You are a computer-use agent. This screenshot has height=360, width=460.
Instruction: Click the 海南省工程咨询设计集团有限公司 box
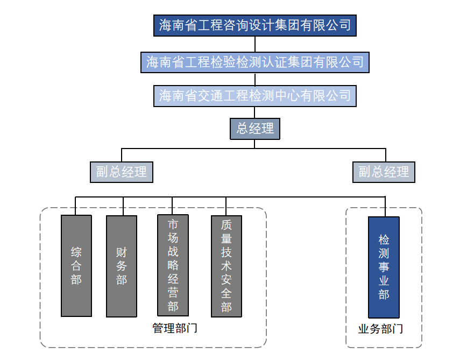(x=255, y=25)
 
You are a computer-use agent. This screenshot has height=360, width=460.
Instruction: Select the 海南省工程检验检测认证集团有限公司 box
(x=255, y=62)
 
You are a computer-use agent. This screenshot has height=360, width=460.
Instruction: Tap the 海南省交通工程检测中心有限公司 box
(x=255, y=96)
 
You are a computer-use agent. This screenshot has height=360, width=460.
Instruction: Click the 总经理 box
(x=255, y=129)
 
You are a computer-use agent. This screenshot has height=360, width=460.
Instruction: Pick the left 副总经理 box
(x=121, y=172)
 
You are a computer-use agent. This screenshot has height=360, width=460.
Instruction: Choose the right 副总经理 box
(x=384, y=172)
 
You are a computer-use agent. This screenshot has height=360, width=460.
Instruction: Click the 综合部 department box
(x=76, y=266)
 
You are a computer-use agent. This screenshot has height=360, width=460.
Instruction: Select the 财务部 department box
(x=122, y=266)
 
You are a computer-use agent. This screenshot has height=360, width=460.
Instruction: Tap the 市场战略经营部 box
(x=173, y=265)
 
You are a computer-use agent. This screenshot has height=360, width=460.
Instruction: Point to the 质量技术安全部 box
(x=226, y=266)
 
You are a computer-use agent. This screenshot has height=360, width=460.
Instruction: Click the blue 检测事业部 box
(x=384, y=267)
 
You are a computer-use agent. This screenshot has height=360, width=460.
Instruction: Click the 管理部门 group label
(x=175, y=328)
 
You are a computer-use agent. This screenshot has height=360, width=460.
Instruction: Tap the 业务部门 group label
(x=380, y=329)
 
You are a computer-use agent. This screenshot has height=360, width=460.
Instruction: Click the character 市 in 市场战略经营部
(x=173, y=224)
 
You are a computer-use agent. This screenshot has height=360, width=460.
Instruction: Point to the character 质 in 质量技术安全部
(x=226, y=225)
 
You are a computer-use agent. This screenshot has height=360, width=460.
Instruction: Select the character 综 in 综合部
(x=76, y=252)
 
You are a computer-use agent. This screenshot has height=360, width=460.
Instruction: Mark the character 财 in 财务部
(x=122, y=252)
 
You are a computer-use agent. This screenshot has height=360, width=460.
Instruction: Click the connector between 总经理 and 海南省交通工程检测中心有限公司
(x=255, y=112)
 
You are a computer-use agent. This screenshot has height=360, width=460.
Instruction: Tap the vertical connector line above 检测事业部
(x=385, y=207)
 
